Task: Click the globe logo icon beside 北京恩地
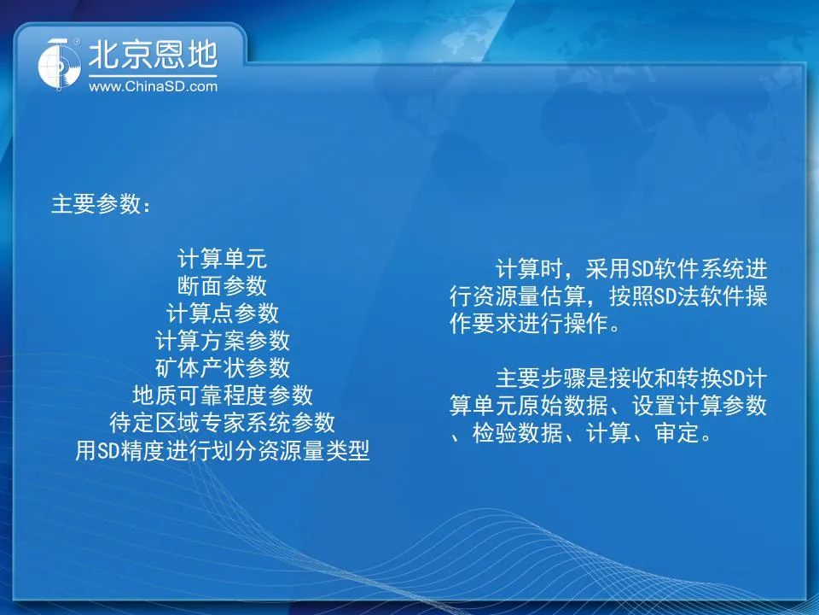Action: click(59, 64)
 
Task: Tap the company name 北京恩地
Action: click(153, 55)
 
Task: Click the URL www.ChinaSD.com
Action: click(153, 86)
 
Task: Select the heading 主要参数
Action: click(96, 203)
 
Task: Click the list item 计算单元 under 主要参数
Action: click(222, 258)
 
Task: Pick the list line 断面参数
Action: click(222, 285)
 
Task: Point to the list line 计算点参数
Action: click(222, 313)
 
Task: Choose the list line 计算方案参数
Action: click(222, 341)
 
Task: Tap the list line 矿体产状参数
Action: click(222, 367)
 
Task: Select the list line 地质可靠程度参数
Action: click(222, 395)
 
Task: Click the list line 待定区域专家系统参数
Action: click(222, 423)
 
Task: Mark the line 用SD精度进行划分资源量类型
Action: click(222, 450)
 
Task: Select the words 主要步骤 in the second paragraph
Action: click(541, 378)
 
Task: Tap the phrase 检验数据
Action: click(518, 433)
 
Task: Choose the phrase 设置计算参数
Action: click(700, 406)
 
